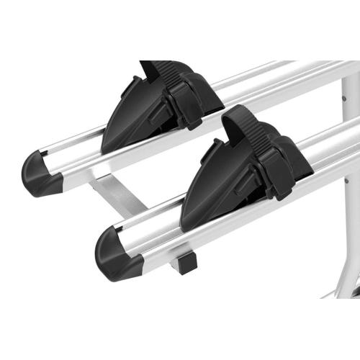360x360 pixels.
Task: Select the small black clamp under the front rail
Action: [x=186, y=263]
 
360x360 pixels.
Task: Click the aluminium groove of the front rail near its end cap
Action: [x=144, y=234]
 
